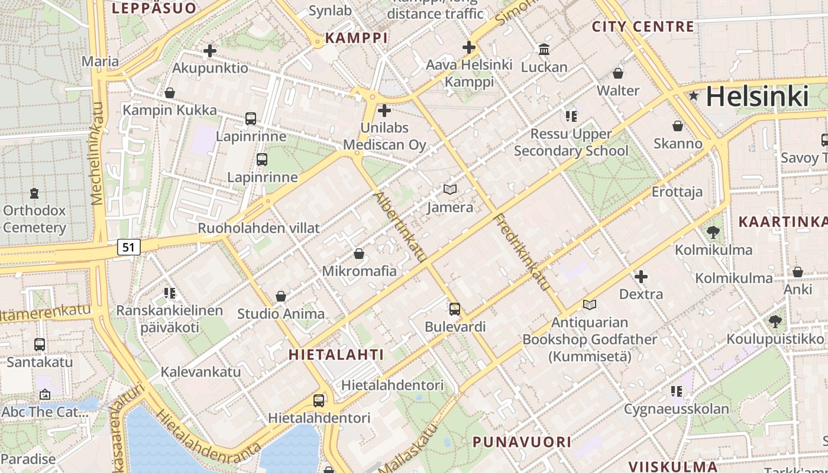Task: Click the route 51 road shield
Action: (x=129, y=247)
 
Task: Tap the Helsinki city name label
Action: (x=756, y=96)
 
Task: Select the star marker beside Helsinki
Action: (x=693, y=95)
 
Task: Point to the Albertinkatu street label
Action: (x=400, y=227)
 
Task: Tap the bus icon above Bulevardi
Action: (x=454, y=309)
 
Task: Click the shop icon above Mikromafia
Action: (x=358, y=254)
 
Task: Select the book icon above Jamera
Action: (x=450, y=190)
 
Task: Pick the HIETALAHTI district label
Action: (x=336, y=354)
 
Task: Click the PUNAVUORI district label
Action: (x=522, y=441)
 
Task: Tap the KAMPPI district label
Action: (x=357, y=38)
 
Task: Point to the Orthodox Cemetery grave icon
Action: (x=34, y=193)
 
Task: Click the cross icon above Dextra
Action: (x=641, y=276)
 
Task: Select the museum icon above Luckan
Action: (x=544, y=49)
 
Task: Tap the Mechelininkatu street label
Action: (x=97, y=154)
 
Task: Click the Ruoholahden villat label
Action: (x=258, y=228)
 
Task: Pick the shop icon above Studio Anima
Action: (x=281, y=296)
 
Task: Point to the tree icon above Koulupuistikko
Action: (x=775, y=322)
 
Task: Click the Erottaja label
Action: (x=677, y=192)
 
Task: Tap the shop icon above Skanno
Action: (x=678, y=126)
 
